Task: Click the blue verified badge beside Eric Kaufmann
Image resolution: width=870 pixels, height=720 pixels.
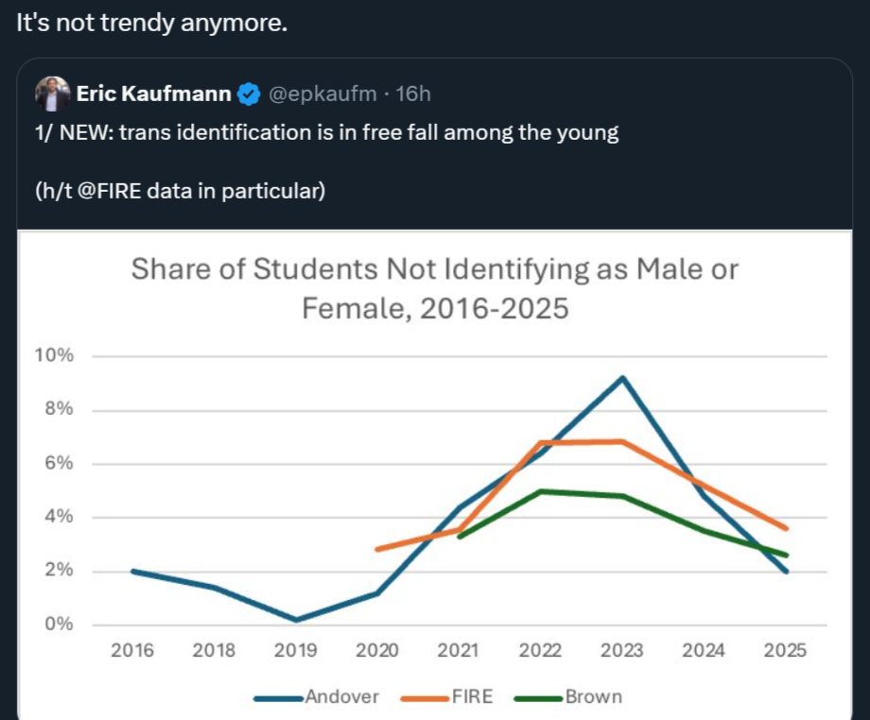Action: (x=249, y=94)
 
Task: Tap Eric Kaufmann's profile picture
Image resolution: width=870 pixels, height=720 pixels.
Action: (x=53, y=94)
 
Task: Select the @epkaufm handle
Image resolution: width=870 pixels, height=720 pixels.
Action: (x=321, y=94)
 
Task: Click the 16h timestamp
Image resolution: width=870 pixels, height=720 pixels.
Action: (x=412, y=94)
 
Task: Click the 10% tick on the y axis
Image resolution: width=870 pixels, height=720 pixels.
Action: (x=54, y=356)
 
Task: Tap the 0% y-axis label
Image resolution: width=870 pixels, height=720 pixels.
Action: (x=58, y=625)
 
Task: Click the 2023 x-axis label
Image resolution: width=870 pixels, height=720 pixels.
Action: (x=621, y=650)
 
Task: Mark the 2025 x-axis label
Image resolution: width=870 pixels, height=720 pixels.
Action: (x=785, y=650)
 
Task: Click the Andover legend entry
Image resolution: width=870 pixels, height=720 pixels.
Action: (x=340, y=697)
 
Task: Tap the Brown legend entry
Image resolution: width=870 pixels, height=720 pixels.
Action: (x=594, y=697)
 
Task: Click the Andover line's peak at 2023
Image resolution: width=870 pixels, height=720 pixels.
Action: (x=621, y=378)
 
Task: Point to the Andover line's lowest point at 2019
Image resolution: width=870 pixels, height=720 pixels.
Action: (x=295, y=621)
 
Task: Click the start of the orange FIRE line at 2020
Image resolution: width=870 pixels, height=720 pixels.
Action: (x=377, y=549)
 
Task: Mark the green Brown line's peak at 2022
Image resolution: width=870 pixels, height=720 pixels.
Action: (x=540, y=490)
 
